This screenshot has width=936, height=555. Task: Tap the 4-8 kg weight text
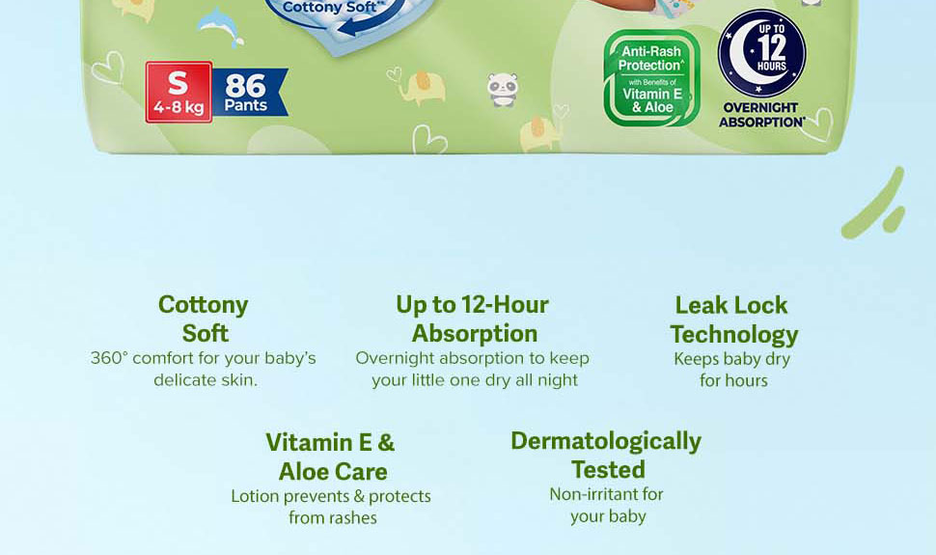pos(179,107)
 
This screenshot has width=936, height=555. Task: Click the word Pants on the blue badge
pos(245,105)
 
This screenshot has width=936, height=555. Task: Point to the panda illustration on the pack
pos(502,90)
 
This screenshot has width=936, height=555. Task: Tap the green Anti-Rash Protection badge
pos(651,77)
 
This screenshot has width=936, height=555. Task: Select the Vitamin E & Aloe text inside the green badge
pos(651,100)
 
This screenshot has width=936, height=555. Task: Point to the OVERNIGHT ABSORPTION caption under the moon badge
pos(761,115)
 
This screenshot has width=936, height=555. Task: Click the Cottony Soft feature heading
pos(204,319)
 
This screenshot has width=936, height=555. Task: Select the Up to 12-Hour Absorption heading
pos(473,319)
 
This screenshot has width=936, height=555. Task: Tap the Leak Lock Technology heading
pos(733,319)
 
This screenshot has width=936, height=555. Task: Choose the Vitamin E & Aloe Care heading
pos(331,457)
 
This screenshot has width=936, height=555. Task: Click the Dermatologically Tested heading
pos(606,455)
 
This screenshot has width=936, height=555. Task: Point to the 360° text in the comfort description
pos(109,358)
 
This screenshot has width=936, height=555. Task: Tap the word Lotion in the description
pos(255,496)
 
